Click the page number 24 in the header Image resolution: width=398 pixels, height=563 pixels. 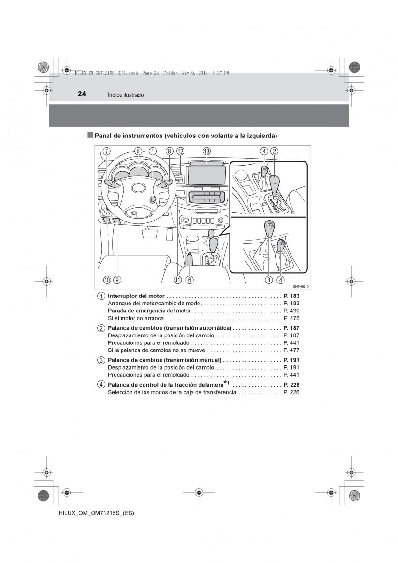tap(82, 94)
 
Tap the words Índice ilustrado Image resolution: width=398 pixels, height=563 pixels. tap(126, 95)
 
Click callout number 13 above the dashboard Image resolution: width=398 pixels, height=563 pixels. tap(207, 151)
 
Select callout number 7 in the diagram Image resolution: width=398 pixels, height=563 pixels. tap(107, 151)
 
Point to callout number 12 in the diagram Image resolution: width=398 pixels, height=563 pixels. tap(181, 151)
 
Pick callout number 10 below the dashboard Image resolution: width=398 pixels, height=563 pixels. tap(107, 280)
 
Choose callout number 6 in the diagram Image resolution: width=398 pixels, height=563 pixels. tap(189, 280)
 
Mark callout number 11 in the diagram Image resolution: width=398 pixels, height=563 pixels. tap(177, 280)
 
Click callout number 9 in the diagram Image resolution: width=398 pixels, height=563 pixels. tap(117, 280)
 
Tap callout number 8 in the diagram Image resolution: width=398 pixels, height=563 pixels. tap(169, 151)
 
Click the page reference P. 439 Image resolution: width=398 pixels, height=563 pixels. tap(291, 311)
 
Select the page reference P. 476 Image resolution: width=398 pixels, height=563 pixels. tap(291, 318)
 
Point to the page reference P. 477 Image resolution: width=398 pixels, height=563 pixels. tap(291, 350)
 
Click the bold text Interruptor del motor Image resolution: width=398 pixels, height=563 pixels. tap(136, 296)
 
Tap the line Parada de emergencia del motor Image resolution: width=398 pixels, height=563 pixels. tap(149, 311)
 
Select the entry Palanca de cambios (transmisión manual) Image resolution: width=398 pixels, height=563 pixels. tap(164, 360)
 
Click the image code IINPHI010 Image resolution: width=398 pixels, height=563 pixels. tap(302, 287)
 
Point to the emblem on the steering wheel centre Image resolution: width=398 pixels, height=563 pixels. tap(138, 189)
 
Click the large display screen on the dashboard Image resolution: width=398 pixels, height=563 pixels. tap(207, 175)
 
